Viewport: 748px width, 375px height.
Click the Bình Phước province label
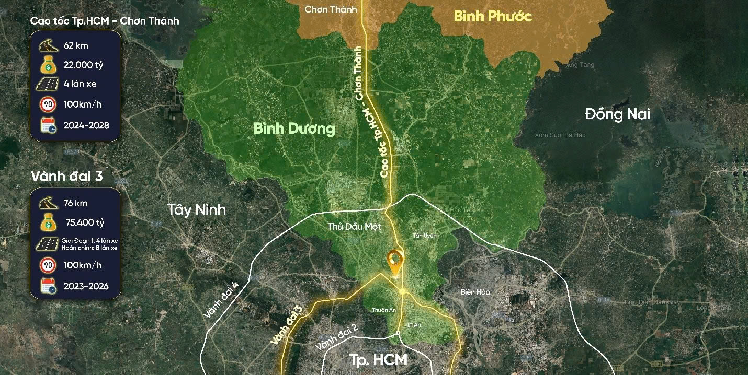click(x=492, y=16)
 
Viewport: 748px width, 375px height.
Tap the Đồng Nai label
click(x=617, y=114)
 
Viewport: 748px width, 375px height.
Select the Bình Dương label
click(x=294, y=128)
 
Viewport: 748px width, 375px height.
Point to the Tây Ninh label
click(x=197, y=209)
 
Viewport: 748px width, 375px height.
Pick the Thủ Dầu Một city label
click(x=354, y=227)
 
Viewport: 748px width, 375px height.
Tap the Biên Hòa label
click(x=475, y=292)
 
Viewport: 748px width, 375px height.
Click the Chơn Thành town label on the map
click(x=331, y=9)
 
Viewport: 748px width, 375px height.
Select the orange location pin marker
click(x=394, y=261)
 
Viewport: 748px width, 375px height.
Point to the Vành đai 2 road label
click(x=336, y=337)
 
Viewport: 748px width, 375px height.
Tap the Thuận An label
click(x=383, y=310)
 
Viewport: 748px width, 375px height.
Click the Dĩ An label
click(x=414, y=324)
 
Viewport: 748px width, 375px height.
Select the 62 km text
click(x=76, y=45)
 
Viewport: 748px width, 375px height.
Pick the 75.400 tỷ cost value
click(x=85, y=222)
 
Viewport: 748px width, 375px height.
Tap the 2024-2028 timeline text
click(x=86, y=125)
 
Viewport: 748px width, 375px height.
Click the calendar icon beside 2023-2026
click(x=49, y=287)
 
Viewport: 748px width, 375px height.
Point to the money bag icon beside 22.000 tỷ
click(x=49, y=64)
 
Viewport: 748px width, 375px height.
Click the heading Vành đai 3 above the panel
click(x=66, y=177)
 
